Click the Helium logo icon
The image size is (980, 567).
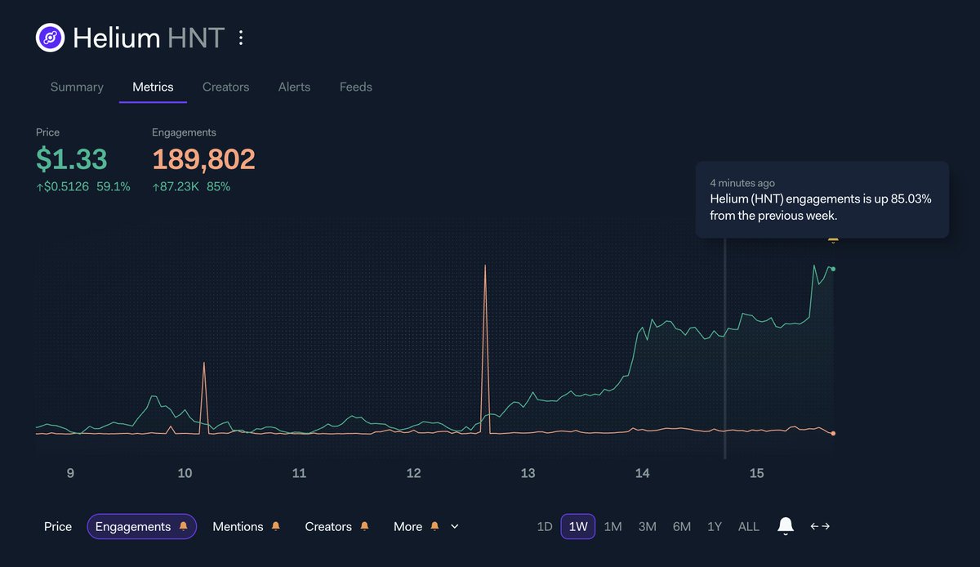(50, 38)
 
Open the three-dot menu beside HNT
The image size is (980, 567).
(240, 38)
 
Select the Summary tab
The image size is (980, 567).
(77, 87)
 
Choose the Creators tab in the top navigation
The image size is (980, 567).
(225, 87)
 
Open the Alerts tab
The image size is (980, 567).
(294, 87)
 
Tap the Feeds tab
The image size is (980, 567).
(355, 87)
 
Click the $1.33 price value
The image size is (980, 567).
(71, 159)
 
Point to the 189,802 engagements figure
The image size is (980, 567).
(203, 159)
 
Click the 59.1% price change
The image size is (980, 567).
(114, 186)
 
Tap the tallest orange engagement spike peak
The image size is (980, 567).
(485, 266)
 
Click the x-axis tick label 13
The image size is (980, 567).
(528, 474)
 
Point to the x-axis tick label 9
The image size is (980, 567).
(70, 474)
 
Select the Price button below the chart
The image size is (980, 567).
(58, 527)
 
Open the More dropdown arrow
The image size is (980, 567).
(455, 527)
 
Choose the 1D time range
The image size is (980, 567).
(545, 527)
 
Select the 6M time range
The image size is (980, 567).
(681, 527)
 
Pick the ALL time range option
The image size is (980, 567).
(748, 527)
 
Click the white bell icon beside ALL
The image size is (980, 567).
(785, 526)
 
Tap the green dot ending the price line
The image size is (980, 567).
(832, 269)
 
